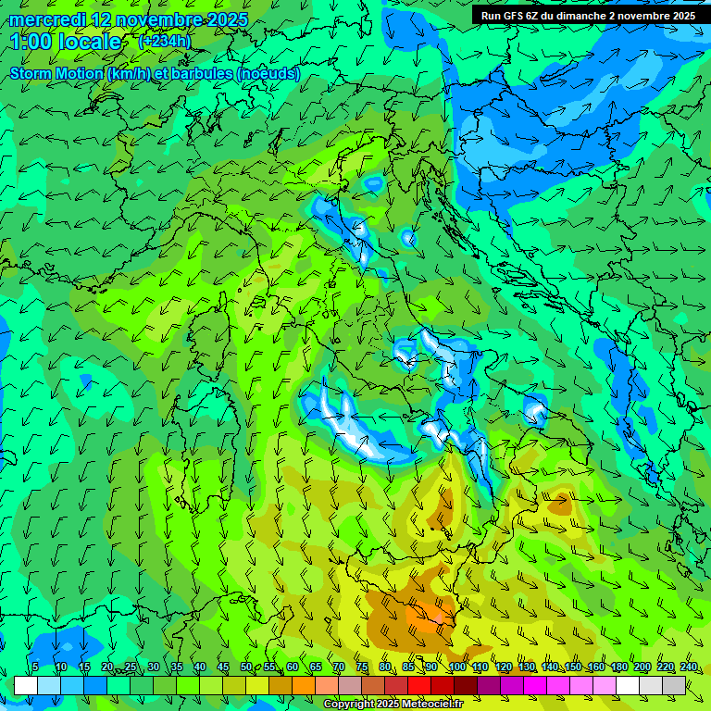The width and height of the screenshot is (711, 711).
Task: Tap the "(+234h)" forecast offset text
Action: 165,41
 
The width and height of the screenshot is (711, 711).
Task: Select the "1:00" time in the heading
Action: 30,42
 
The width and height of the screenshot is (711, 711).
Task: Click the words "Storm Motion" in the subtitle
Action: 56,73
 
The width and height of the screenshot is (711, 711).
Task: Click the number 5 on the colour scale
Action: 35,667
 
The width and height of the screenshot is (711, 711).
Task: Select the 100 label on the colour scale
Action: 456,667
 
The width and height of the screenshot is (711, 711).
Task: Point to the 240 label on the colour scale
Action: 689,667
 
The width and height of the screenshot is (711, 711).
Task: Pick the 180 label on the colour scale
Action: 618,667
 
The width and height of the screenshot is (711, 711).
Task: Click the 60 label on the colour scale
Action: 292,667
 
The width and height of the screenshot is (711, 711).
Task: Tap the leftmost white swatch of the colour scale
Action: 26,685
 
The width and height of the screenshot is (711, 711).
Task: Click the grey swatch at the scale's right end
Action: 674,685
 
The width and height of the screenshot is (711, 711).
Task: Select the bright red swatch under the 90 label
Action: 419,685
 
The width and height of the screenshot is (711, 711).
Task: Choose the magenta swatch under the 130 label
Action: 535,685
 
